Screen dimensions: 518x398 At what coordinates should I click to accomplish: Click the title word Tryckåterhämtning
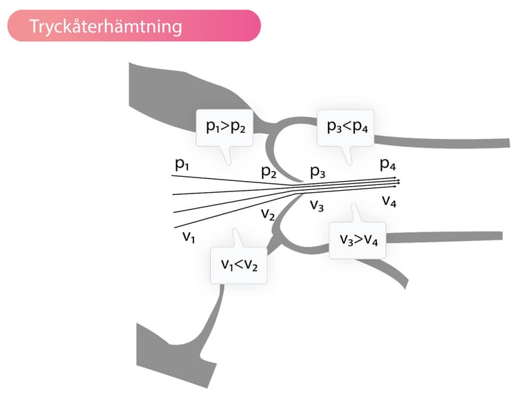(x=106, y=26)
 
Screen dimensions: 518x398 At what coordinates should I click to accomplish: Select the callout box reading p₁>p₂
(x=225, y=128)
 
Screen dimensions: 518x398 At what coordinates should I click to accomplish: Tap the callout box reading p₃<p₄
(x=345, y=128)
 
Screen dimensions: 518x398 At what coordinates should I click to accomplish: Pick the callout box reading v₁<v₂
(x=239, y=265)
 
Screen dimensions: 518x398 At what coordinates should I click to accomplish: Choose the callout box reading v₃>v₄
(x=358, y=240)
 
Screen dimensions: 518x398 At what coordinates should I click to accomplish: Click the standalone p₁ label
(x=182, y=164)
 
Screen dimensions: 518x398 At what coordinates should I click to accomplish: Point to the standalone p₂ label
(x=269, y=172)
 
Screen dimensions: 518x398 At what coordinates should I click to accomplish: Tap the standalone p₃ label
(x=318, y=171)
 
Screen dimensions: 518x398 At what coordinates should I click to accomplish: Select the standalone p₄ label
(x=388, y=164)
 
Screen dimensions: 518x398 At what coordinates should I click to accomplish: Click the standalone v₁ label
(x=189, y=237)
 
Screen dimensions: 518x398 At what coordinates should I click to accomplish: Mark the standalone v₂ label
(x=268, y=214)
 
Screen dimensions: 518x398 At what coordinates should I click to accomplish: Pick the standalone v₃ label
(x=317, y=206)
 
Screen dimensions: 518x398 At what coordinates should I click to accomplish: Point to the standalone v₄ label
(x=389, y=201)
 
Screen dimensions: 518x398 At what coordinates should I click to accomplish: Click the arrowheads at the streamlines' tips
(x=397, y=182)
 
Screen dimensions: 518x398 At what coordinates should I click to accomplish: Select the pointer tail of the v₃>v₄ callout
(x=356, y=214)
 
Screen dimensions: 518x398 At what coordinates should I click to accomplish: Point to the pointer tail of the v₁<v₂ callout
(x=236, y=238)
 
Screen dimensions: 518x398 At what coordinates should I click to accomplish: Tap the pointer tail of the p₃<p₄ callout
(x=347, y=155)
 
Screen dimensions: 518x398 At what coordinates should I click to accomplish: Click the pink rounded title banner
(x=134, y=26)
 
